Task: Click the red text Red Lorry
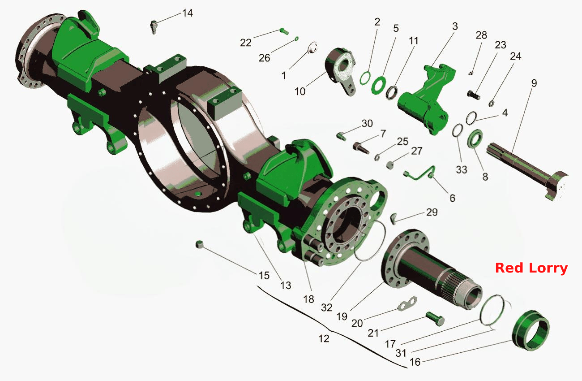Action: [531, 268]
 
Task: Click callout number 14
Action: [187, 13]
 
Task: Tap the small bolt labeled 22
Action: [284, 31]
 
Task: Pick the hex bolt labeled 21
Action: [435, 319]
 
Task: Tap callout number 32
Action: [327, 307]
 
